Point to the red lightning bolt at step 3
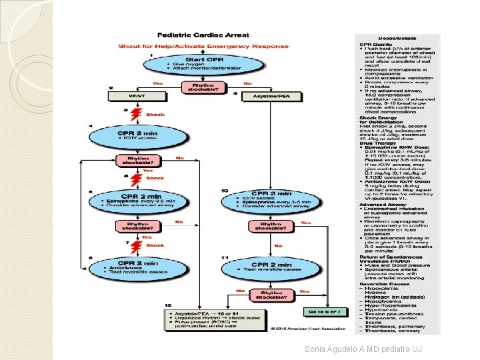tap(138, 115)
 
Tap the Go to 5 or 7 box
tap(326, 311)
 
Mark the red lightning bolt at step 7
tap(138, 245)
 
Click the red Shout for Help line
tap(204, 46)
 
